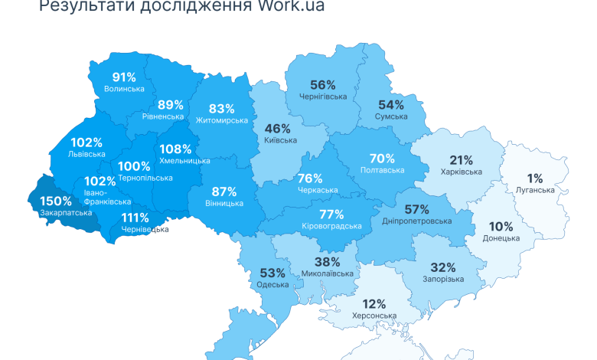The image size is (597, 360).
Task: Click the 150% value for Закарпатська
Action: (x=55, y=201)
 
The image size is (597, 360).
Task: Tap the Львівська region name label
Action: (x=86, y=154)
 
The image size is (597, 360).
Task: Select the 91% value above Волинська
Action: (x=124, y=77)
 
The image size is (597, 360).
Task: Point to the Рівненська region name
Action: (x=163, y=116)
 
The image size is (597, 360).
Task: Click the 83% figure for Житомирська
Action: (x=222, y=109)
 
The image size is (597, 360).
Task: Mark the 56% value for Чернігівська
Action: (x=323, y=85)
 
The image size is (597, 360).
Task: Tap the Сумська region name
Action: (x=391, y=116)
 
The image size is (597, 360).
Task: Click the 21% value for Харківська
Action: (x=461, y=160)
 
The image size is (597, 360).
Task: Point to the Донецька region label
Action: (x=501, y=238)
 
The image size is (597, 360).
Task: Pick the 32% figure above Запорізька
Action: (x=443, y=267)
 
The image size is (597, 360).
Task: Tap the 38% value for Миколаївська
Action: (x=328, y=261)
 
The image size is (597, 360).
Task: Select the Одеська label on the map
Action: (x=273, y=285)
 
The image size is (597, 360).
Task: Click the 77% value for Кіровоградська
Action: (x=331, y=214)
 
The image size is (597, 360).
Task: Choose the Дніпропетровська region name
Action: (x=416, y=221)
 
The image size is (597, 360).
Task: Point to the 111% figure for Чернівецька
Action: (x=135, y=218)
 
